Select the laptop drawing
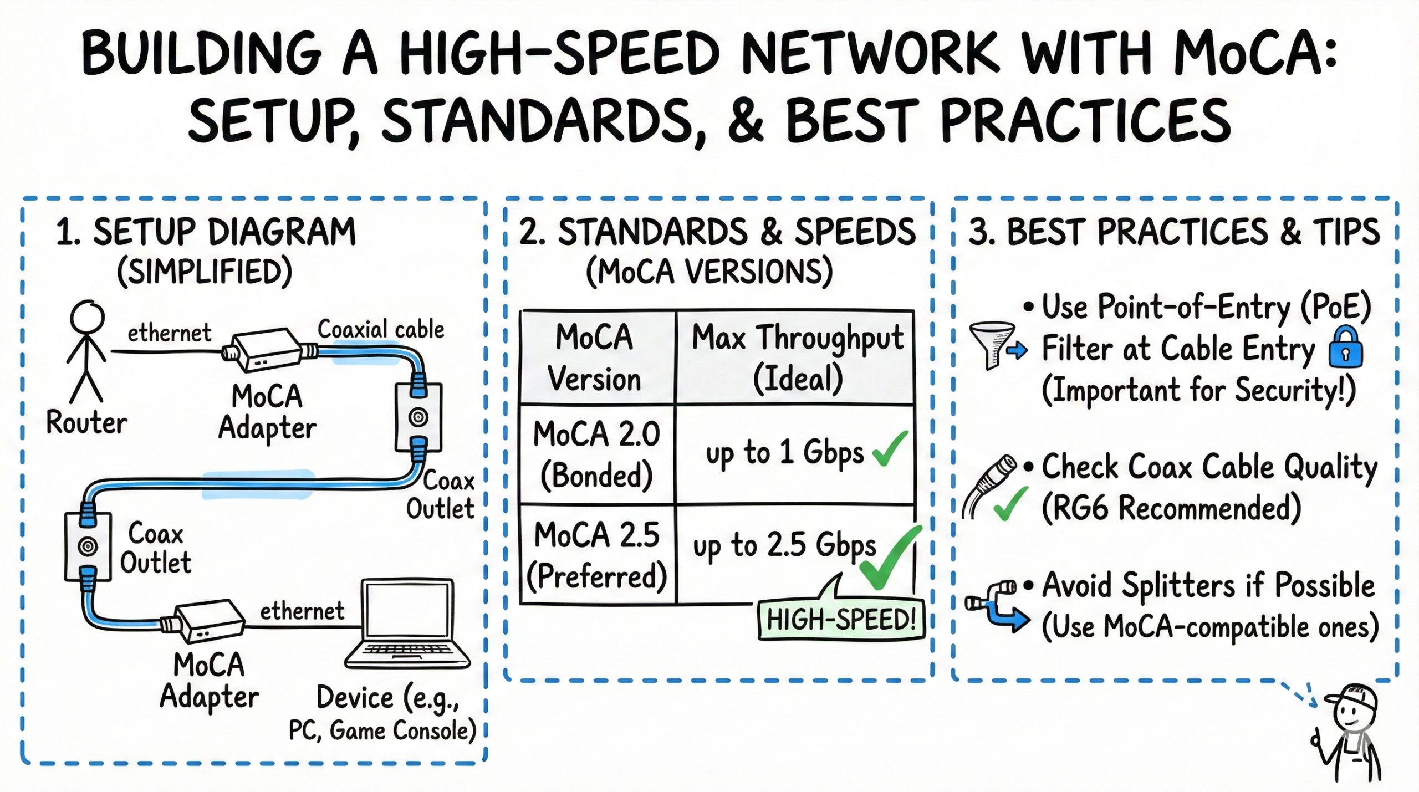pos(407,624)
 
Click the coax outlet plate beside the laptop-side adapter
pos(88,546)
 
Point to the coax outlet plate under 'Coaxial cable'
pos(418,417)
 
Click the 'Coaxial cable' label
pos(381,329)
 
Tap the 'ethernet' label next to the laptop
pos(302,611)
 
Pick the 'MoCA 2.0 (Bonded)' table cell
pos(597,454)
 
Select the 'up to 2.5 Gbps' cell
pos(784,546)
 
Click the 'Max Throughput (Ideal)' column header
pos(797,357)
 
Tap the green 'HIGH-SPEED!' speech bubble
pos(840,619)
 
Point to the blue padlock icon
pos(1345,348)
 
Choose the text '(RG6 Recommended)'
pos(1171,508)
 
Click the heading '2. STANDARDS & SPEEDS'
pos(717,232)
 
